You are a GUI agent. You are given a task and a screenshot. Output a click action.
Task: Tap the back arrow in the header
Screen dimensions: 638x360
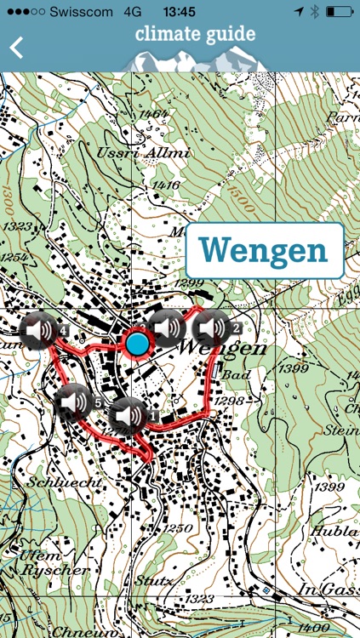coord(15,48)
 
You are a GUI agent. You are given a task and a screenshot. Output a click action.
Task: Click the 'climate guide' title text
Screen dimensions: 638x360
coord(195,35)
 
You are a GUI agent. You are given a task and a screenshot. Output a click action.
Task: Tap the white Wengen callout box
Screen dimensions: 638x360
coord(264,250)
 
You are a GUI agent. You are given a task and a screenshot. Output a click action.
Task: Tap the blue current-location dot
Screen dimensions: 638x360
coord(137,344)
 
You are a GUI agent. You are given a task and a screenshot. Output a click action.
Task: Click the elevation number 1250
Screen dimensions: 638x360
coord(180,527)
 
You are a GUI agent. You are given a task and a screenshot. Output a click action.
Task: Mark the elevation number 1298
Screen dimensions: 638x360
coord(230,400)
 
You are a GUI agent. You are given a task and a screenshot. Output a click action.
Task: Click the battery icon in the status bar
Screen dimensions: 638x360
coord(340,11)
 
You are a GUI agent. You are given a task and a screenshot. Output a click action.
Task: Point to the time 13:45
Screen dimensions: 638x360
coord(180,11)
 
